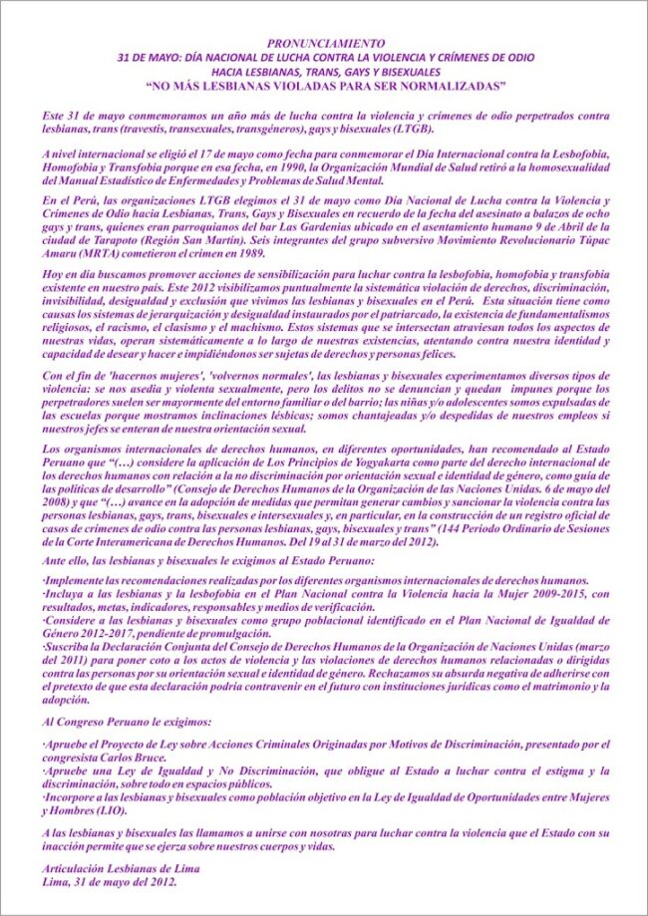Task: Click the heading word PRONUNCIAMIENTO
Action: [x=323, y=43]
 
